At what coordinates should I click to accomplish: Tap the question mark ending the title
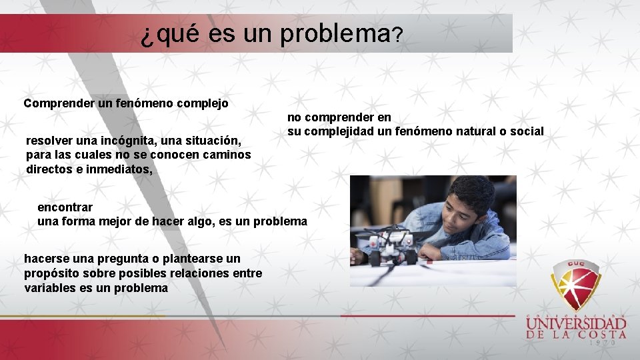pos(397,36)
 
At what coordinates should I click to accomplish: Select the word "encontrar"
pos(65,207)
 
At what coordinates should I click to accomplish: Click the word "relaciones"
pos(201,273)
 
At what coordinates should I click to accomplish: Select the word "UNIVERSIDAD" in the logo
pos(576,325)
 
